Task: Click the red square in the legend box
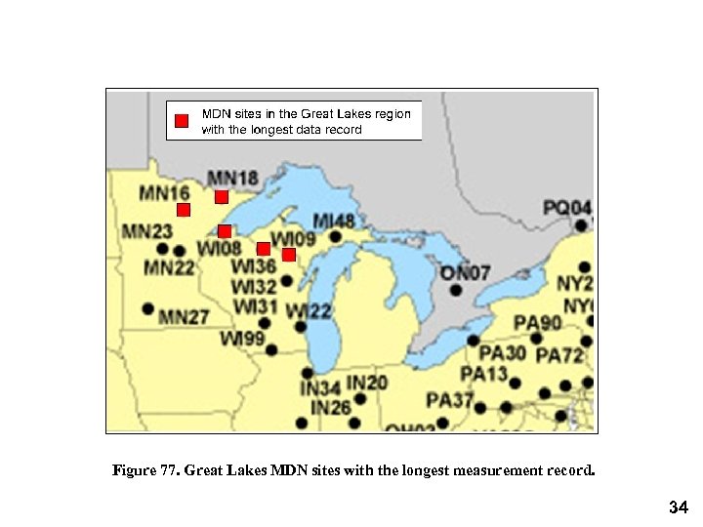click(x=181, y=121)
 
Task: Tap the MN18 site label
click(x=233, y=178)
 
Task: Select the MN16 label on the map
click(x=164, y=192)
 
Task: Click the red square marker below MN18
click(x=222, y=197)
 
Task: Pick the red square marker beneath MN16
click(x=183, y=210)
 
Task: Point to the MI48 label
click(x=333, y=221)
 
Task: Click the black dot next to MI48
click(x=335, y=236)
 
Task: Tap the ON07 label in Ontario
click(x=465, y=272)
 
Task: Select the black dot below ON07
click(x=456, y=290)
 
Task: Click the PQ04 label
click(x=567, y=208)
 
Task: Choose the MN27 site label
click(x=184, y=317)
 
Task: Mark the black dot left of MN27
click(x=147, y=308)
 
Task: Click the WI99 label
click(x=242, y=339)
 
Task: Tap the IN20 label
click(x=367, y=383)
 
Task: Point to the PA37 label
click(x=449, y=400)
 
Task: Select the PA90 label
click(x=538, y=323)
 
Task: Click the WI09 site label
click(x=293, y=239)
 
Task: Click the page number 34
click(x=679, y=507)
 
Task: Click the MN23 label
click(x=146, y=231)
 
